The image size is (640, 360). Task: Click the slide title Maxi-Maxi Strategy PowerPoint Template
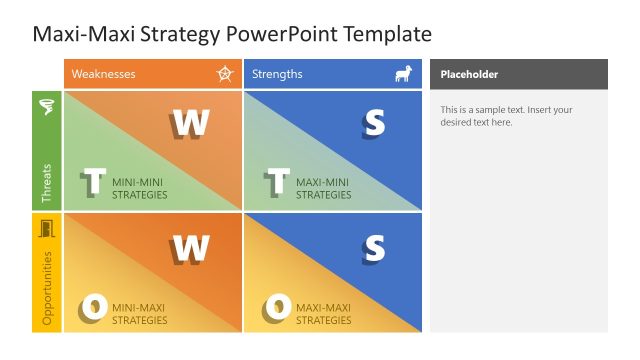tap(232, 34)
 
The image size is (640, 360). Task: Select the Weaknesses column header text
tap(103, 74)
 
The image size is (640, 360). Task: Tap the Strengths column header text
tap(277, 74)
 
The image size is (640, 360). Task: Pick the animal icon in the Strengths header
tap(403, 74)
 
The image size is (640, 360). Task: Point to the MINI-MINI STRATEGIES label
tap(140, 188)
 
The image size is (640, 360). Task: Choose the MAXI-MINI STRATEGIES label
tap(323, 188)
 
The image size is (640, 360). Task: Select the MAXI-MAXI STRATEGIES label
tap(323, 314)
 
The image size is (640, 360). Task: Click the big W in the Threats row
tap(190, 122)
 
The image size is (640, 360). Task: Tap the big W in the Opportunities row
tap(190, 247)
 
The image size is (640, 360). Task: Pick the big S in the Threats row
tap(373, 122)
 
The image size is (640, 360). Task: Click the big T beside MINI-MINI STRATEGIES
tap(93, 183)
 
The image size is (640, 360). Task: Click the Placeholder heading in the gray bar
tap(469, 74)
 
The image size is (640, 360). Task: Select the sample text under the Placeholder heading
tap(506, 116)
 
